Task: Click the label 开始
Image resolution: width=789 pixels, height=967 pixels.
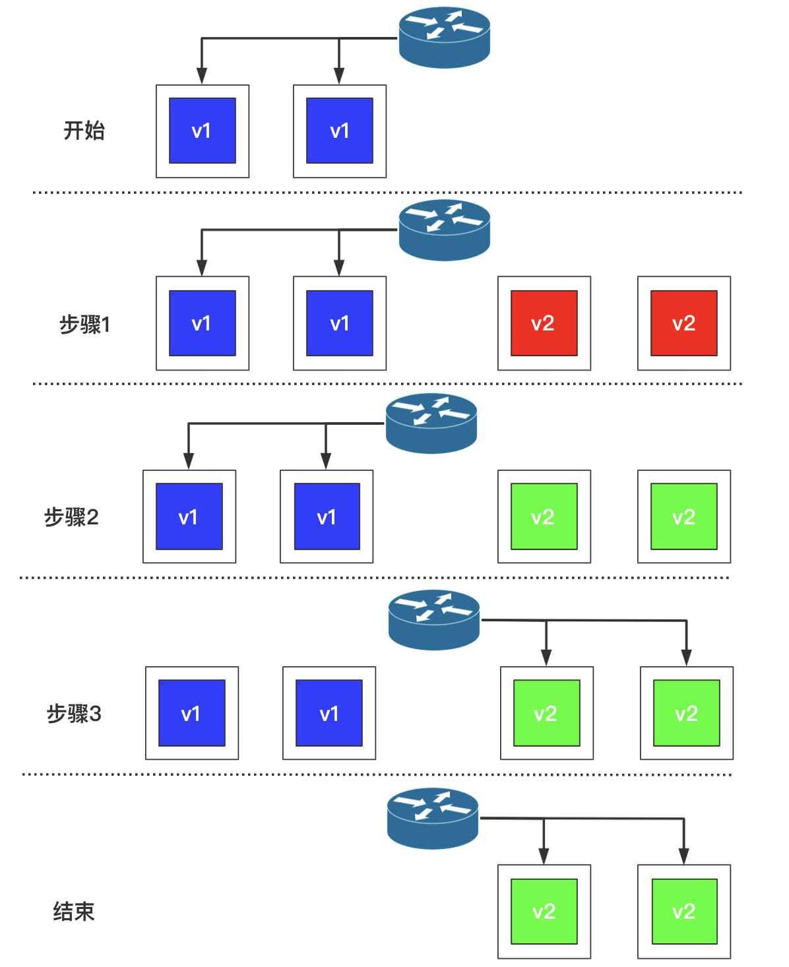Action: point(84,131)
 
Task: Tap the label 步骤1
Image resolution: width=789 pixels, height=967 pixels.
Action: point(84,325)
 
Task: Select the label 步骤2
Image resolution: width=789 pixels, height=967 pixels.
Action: point(71,517)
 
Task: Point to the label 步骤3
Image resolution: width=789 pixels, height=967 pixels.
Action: point(74,714)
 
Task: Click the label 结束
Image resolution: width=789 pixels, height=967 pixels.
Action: point(74,912)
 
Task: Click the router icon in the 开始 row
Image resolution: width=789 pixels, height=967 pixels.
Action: point(445,37)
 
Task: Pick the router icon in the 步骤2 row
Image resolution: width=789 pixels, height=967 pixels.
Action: point(431,423)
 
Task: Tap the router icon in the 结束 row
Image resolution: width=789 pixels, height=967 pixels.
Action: point(433,818)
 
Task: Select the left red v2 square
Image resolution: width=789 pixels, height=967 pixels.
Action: point(544,323)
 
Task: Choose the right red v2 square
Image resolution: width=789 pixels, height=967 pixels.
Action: point(684,323)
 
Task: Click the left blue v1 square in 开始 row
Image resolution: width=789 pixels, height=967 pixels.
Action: point(203,131)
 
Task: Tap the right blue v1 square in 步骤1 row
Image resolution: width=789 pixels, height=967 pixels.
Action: point(340,323)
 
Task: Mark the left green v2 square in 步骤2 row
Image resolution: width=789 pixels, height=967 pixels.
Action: point(544,516)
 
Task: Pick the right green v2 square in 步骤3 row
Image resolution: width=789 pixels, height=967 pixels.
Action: point(687,713)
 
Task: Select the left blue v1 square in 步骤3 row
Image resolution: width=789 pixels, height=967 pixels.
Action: point(192,713)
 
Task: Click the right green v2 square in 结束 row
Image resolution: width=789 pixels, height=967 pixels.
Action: point(684,912)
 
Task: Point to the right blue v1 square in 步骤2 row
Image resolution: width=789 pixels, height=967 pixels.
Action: point(327,516)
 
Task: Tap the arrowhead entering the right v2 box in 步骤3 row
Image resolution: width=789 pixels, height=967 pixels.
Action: point(687,658)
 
